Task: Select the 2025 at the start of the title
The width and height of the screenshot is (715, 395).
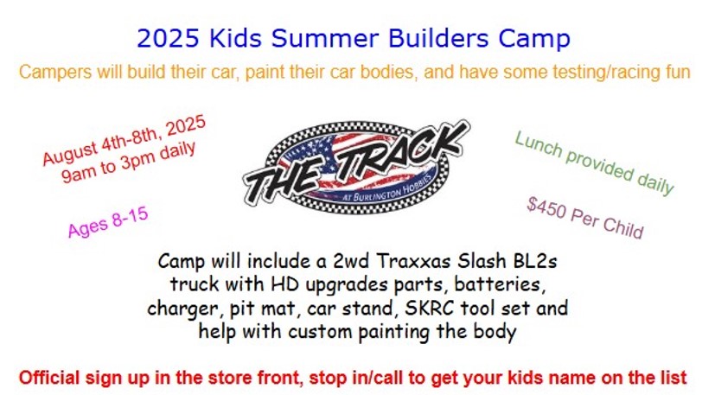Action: click(x=169, y=38)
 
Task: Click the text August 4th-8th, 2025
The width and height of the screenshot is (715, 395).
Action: click(x=124, y=141)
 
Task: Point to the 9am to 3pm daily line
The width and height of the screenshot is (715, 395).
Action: click(x=129, y=162)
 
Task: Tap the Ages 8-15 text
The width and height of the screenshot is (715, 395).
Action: click(x=108, y=223)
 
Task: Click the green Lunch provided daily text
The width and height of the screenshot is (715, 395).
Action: click(x=594, y=162)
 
